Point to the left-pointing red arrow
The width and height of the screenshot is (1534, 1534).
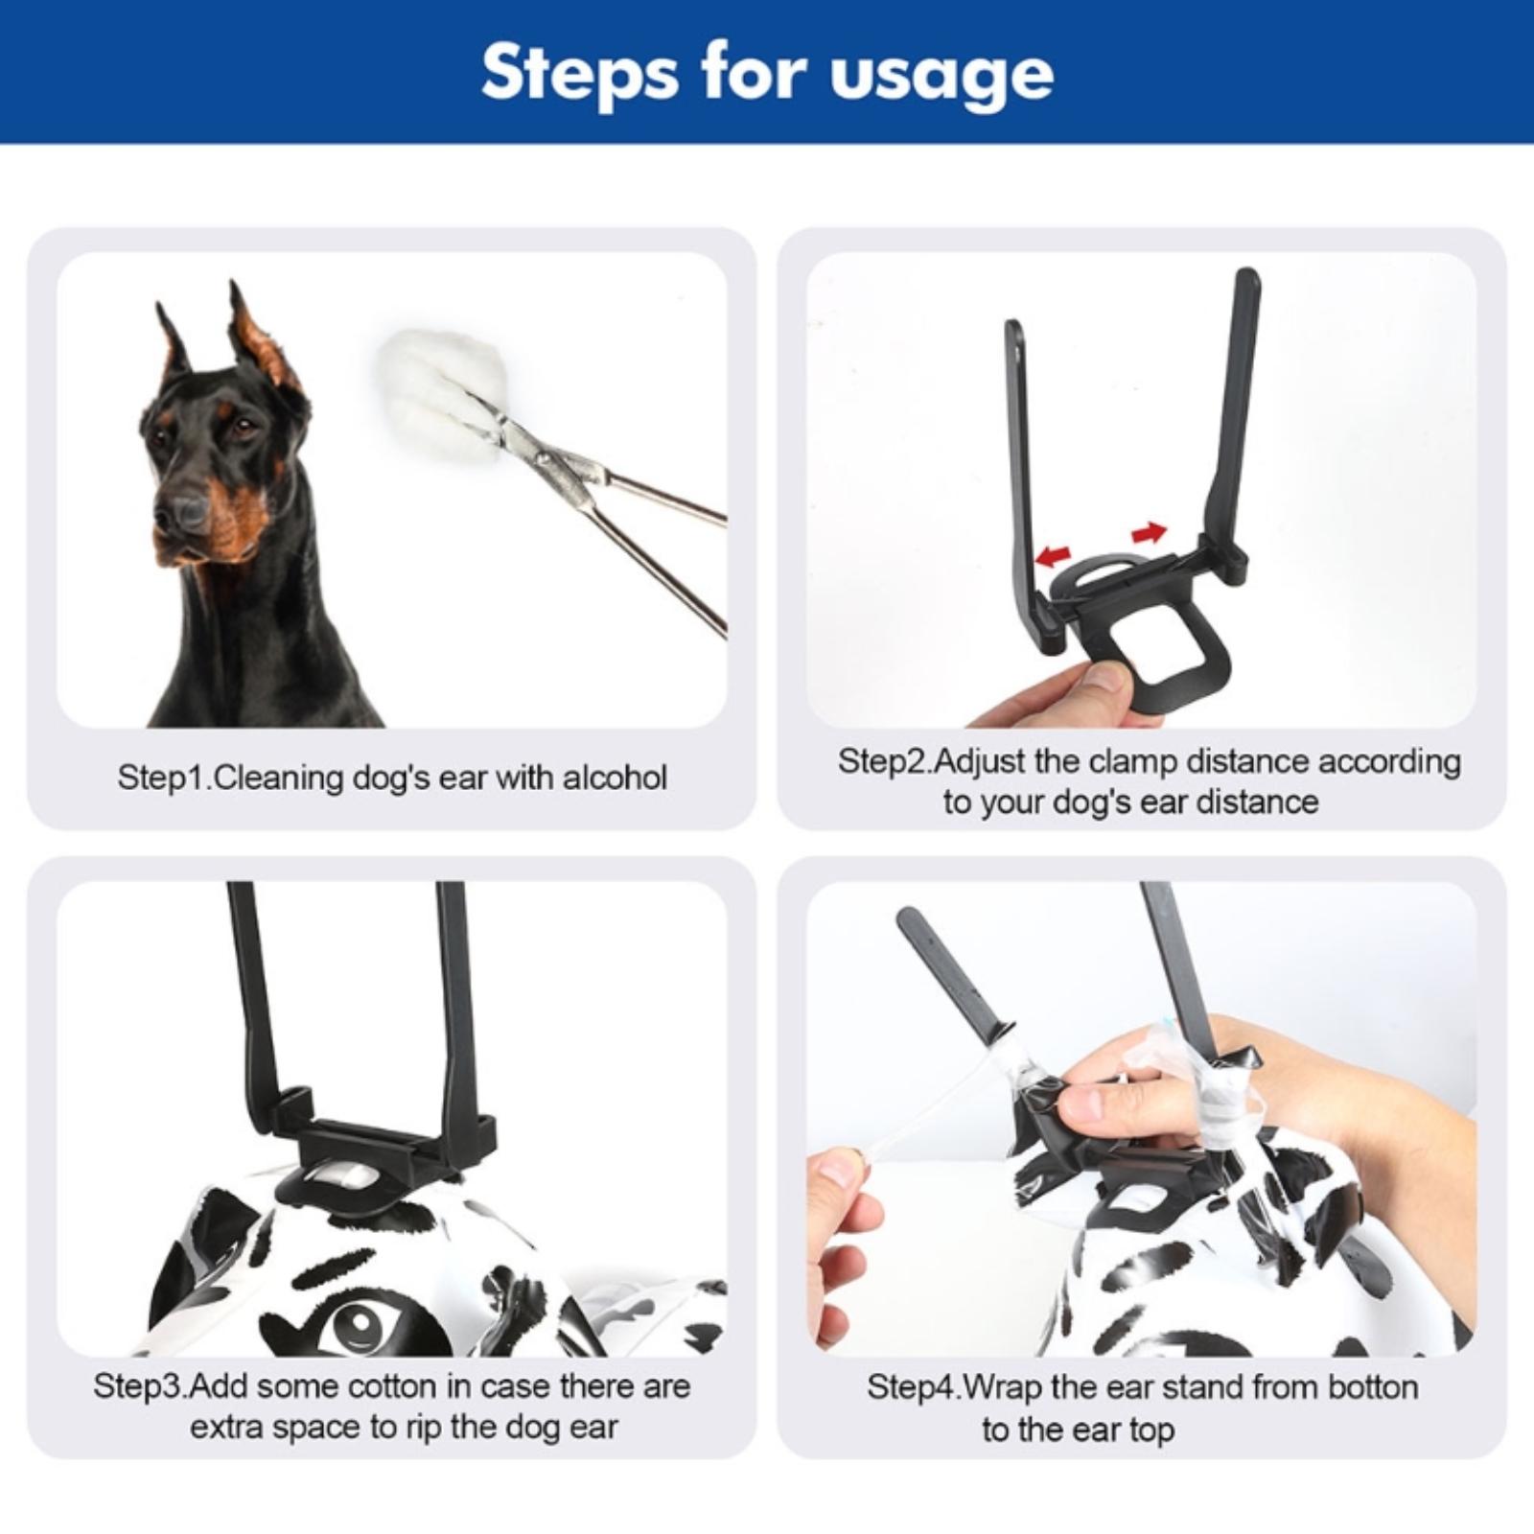pyautogui.click(x=1057, y=553)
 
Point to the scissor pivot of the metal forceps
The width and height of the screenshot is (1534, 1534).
pyautogui.click(x=546, y=461)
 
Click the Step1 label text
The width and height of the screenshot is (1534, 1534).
pyautogui.click(x=164, y=778)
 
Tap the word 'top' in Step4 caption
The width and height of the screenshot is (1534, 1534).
pyautogui.click(x=1150, y=1430)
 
